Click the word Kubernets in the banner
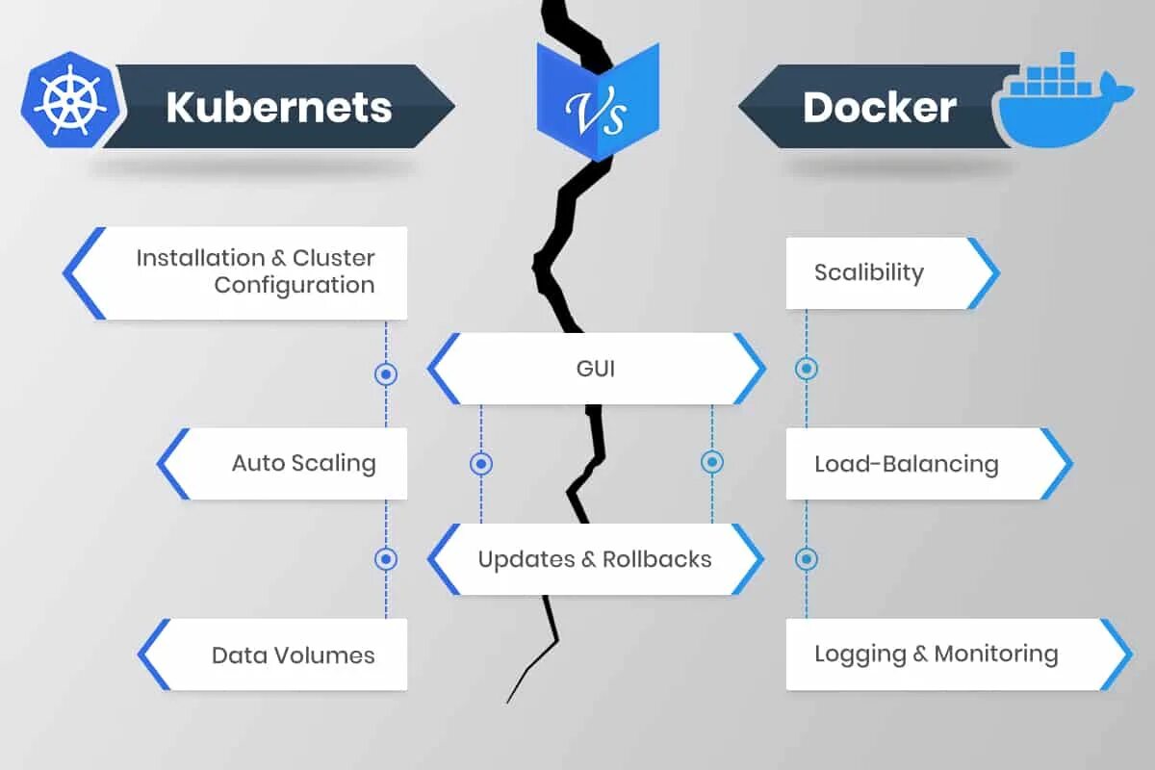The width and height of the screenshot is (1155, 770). click(x=278, y=107)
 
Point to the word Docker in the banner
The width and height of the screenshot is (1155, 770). click(x=879, y=107)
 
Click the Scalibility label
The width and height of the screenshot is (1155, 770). click(x=868, y=272)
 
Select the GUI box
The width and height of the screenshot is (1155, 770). click(x=597, y=369)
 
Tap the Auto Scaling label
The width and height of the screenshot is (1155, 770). click(x=303, y=463)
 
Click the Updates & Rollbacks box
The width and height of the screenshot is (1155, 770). click(x=595, y=559)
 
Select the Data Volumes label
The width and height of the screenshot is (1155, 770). click(x=293, y=655)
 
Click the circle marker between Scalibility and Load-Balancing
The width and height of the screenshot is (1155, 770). click(x=807, y=369)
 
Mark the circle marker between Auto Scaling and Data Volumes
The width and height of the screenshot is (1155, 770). click(x=386, y=559)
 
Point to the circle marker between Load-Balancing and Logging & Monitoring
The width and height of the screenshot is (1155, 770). click(x=807, y=559)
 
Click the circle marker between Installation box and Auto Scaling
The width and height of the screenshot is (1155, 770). click(x=386, y=373)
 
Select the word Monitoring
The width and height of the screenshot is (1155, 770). click(x=996, y=654)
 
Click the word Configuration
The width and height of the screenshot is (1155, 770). click(x=294, y=286)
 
